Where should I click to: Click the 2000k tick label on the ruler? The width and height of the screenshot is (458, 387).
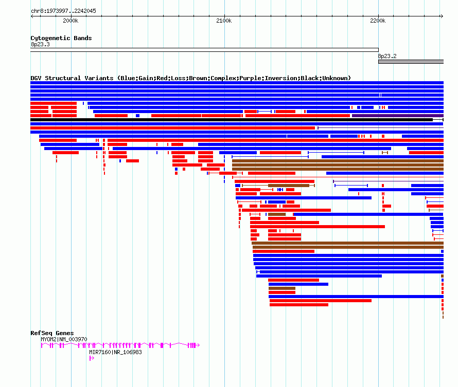tap(71, 21)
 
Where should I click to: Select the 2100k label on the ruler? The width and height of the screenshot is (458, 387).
tap(224, 21)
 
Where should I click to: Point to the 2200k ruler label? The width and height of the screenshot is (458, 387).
tap(378, 21)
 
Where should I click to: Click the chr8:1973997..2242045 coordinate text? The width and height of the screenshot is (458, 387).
tap(63, 11)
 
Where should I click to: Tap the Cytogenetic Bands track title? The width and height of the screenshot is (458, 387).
tap(61, 38)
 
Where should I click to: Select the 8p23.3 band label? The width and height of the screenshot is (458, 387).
tap(40, 44)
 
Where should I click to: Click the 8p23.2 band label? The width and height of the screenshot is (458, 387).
tap(387, 57)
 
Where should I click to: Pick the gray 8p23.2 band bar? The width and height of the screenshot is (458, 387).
tap(411, 62)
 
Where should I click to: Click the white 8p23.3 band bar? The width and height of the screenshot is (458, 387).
tap(204, 50)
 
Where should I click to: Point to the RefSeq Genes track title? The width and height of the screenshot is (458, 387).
tap(52, 333)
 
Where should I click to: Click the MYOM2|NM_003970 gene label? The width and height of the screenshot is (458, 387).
tap(64, 340)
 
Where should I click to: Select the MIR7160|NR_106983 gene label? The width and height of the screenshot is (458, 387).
tap(115, 352)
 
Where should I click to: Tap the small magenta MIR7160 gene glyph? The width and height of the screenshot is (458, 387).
tap(92, 358)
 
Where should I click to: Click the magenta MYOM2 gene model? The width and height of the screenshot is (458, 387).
tap(120, 345)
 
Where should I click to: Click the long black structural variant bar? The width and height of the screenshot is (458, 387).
tap(232, 120)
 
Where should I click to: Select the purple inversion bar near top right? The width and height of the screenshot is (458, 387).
tap(398, 116)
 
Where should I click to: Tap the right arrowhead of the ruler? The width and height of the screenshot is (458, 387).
tap(442, 16)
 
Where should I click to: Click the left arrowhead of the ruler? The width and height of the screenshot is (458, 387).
tap(32, 16)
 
